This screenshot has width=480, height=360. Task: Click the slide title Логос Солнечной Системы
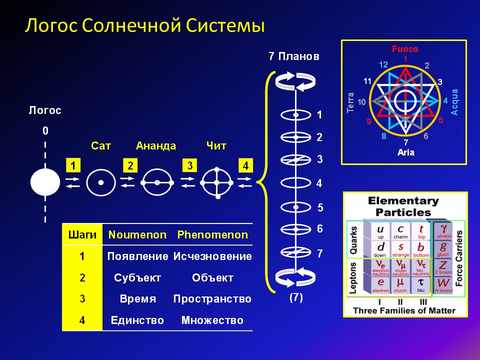click(145, 25)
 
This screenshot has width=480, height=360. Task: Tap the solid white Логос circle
click(45, 182)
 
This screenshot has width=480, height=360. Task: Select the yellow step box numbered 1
click(73, 165)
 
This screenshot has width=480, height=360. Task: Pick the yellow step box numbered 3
click(189, 165)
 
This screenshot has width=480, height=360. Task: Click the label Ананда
click(156, 146)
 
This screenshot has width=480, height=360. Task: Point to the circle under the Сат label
click(101, 183)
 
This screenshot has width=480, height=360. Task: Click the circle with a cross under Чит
click(217, 183)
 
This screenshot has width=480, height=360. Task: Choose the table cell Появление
click(137, 256)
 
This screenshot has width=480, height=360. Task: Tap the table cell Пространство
click(212, 299)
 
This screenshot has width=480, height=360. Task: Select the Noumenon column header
click(137, 235)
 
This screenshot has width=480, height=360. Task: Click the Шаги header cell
click(82, 235)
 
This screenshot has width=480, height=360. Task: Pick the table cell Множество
click(212, 320)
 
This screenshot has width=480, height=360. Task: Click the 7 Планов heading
click(293, 56)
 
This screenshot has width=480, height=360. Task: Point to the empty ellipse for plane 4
click(295, 183)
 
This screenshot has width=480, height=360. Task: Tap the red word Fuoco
click(404, 49)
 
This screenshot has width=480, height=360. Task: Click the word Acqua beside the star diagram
click(454, 102)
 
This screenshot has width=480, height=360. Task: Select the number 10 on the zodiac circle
click(362, 102)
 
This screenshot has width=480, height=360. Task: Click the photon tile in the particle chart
click(443, 230)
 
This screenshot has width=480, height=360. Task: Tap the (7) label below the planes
click(296, 297)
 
